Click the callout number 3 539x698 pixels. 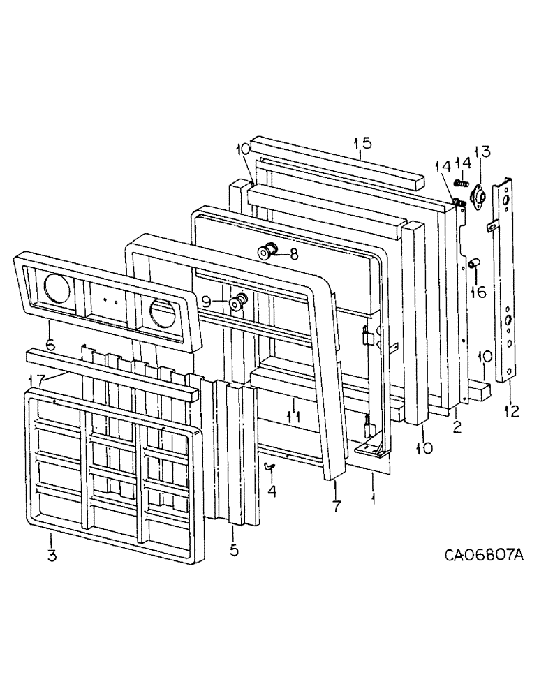[x=51, y=557]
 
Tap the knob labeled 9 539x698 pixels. [x=238, y=303]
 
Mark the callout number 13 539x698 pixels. [x=482, y=152]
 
